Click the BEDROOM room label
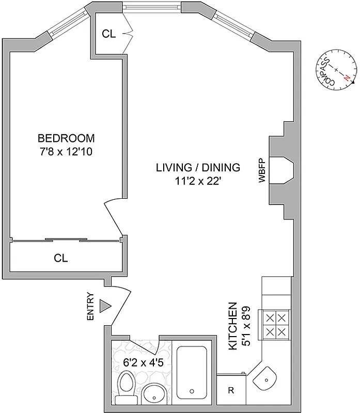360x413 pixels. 66,138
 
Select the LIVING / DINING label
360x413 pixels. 198,167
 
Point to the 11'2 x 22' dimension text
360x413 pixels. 198,181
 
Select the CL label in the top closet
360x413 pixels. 108,34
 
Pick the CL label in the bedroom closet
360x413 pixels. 61,257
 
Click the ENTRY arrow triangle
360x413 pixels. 105,306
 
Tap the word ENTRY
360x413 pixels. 91,308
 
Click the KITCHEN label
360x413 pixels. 233,326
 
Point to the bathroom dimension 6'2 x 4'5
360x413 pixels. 135,362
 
